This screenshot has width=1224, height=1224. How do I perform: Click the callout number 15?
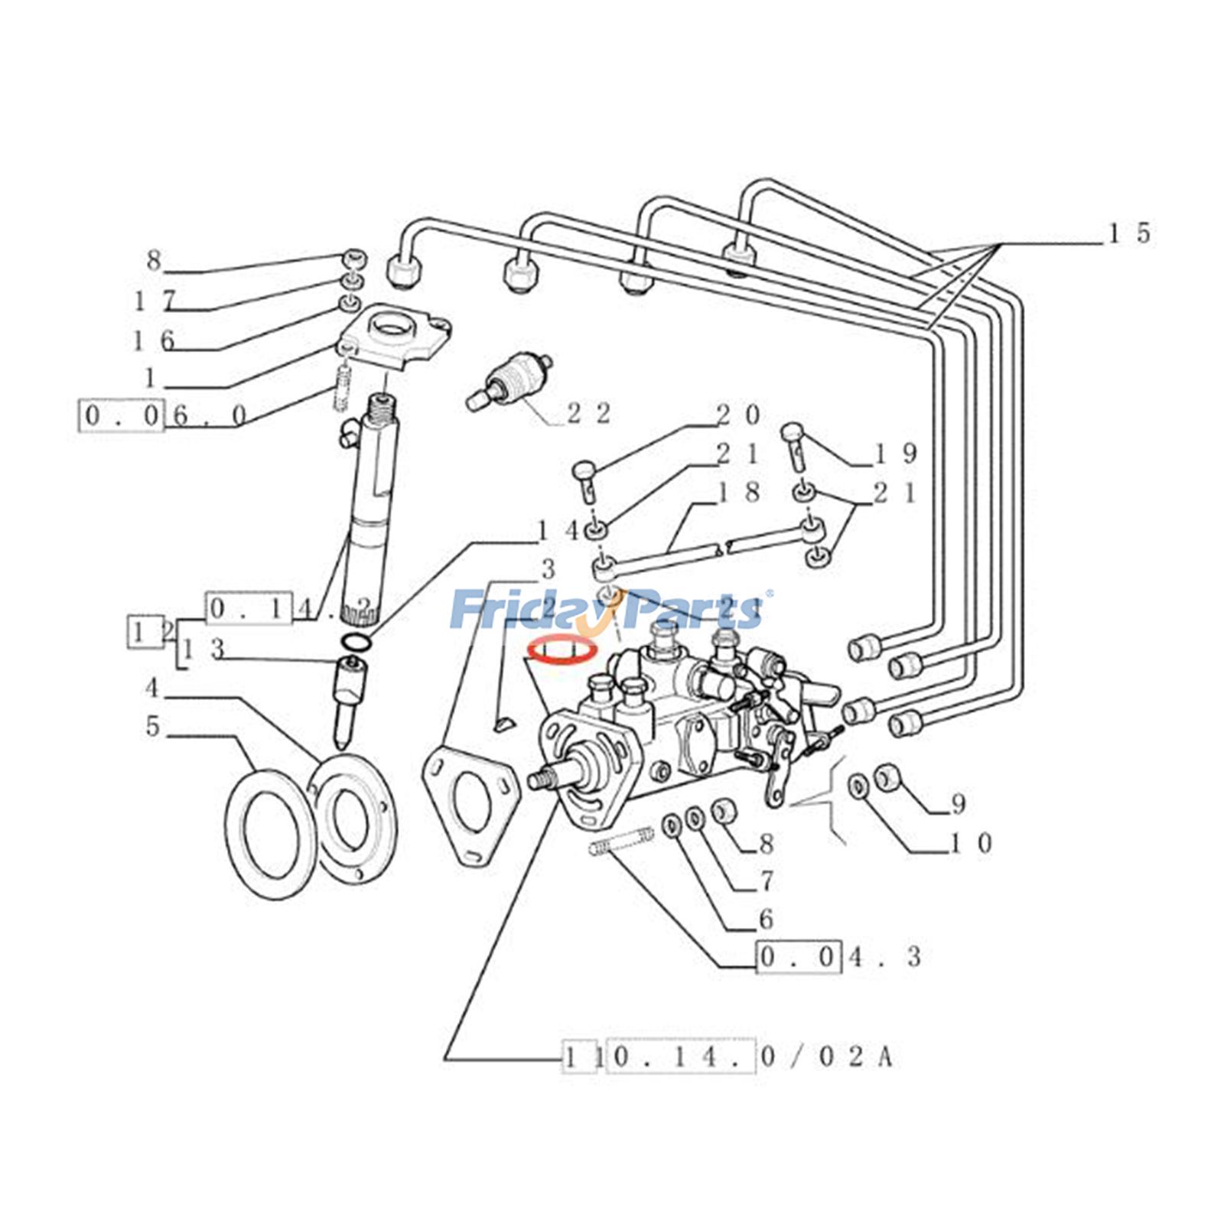click(x=1130, y=233)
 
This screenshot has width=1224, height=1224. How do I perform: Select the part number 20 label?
click(x=738, y=415)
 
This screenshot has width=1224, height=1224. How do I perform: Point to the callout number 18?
click(x=738, y=493)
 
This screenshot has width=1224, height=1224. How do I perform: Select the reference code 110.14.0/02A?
click(x=728, y=1057)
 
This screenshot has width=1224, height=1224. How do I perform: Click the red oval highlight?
click(x=563, y=651)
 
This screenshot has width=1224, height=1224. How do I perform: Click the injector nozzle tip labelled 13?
click(x=350, y=696)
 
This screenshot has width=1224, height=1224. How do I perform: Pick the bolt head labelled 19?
click(x=791, y=434)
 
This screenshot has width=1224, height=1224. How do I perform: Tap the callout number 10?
click(x=971, y=844)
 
